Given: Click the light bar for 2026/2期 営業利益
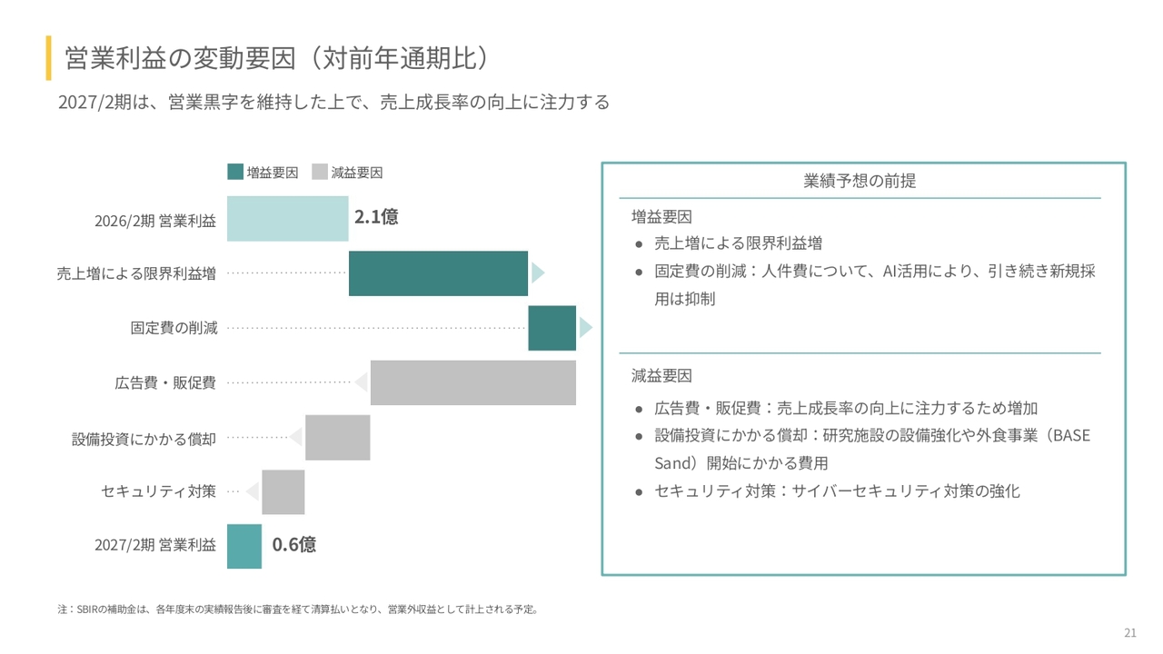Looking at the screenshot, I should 287,219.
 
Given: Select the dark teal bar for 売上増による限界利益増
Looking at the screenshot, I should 438,273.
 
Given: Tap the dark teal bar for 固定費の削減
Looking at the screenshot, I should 552,328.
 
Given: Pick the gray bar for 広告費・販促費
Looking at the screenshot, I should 472,382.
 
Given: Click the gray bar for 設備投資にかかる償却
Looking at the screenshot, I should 337,438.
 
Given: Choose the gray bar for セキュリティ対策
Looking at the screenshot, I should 283,492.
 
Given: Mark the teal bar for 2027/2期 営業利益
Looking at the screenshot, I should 244,547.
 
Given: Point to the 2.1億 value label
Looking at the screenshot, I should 376,217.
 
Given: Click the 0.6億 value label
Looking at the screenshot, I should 294,545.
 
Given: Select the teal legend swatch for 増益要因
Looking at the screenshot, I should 235,172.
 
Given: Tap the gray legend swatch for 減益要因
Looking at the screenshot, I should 319,172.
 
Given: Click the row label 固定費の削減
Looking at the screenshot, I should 174,328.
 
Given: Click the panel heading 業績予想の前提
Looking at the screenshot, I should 860,181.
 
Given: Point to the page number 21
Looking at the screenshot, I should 1130,633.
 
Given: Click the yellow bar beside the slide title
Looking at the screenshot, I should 48,58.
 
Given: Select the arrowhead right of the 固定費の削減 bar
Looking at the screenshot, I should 585,328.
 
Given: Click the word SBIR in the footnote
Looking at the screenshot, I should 87,609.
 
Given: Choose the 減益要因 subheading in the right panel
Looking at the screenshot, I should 661,375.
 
